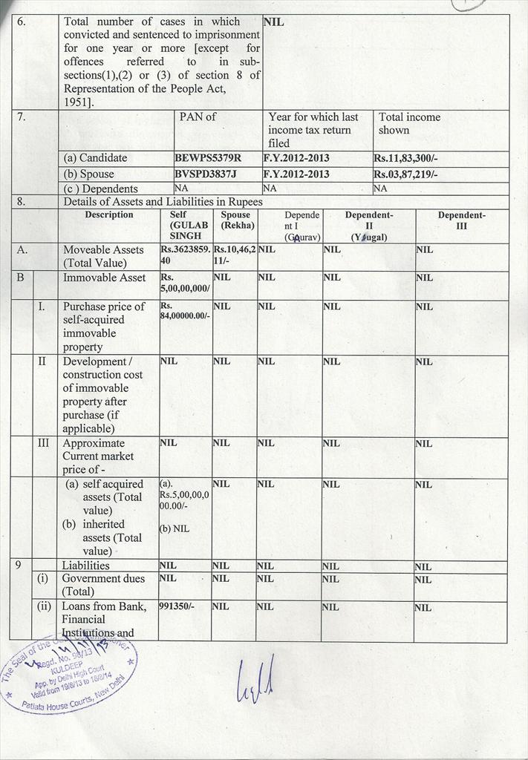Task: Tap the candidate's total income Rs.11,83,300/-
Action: pyautogui.click(x=407, y=158)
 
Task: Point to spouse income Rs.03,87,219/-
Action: pyautogui.click(x=405, y=174)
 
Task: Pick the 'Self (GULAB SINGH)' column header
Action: pyautogui.click(x=185, y=225)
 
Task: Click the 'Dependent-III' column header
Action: pyautogui.click(x=461, y=220)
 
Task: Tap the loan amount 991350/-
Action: pyautogui.click(x=177, y=606)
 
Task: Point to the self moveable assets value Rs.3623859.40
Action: pyautogui.click(x=185, y=255)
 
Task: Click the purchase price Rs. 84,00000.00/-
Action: pyautogui.click(x=185, y=310)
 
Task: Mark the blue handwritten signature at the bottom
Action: pyautogui.click(x=255, y=679)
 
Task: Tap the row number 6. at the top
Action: pyautogui.click(x=22, y=22)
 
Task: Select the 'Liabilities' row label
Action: pyautogui.click(x=85, y=566)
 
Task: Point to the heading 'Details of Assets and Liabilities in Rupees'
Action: pyautogui.click(x=163, y=202)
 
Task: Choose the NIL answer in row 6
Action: pyautogui.click(x=273, y=22)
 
